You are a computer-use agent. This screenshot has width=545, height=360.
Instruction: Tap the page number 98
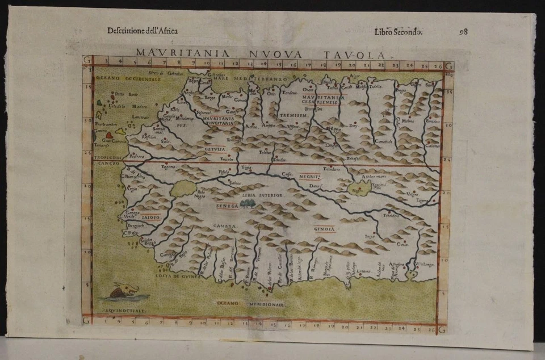point(463,31)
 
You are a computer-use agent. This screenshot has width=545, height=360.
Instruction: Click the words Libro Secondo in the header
point(398,31)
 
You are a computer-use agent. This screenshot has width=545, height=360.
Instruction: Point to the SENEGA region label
point(227,206)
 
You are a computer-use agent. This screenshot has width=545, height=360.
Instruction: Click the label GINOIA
point(325,229)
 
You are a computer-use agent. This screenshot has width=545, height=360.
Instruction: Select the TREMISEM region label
point(294,115)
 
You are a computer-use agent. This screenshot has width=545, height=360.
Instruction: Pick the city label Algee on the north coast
point(356,75)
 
